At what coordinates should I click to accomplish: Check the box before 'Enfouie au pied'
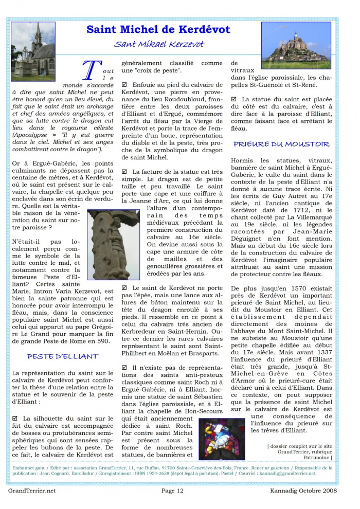click(124, 84)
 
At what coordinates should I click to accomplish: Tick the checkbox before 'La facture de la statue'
click(124, 171)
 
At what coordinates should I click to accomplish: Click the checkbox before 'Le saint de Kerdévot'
click(124, 288)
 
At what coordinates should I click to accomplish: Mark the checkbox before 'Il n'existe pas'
click(124, 368)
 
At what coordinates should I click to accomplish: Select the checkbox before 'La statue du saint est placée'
click(234, 99)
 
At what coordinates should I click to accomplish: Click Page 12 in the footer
click(172, 490)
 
